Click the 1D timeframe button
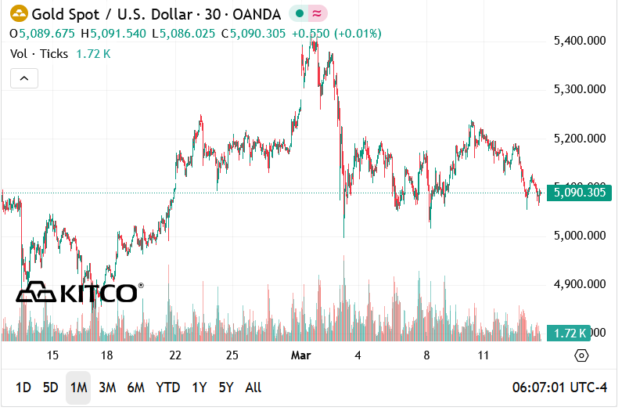click(x=23, y=388)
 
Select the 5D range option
click(x=50, y=388)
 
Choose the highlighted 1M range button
click(x=78, y=388)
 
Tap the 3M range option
click(x=107, y=388)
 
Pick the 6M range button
click(x=136, y=388)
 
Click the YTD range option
click(x=167, y=388)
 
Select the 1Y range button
click(x=200, y=388)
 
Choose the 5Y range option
click(x=226, y=388)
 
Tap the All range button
click(x=253, y=388)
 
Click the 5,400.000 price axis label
click(x=580, y=40)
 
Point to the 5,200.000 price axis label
click(x=580, y=138)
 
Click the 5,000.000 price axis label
click(x=580, y=235)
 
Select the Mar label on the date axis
click(x=301, y=355)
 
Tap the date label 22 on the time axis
click(x=175, y=355)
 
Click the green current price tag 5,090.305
click(x=580, y=192)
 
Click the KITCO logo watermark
click(x=78, y=293)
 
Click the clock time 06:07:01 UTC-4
click(x=559, y=388)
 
